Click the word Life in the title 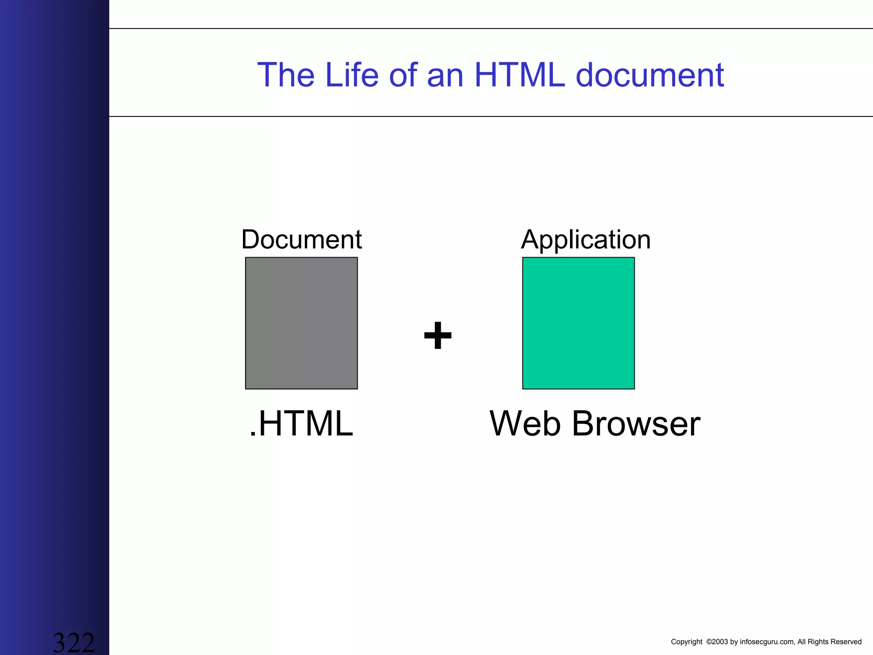[351, 75]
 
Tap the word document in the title [650, 75]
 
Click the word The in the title [286, 75]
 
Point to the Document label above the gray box [301, 239]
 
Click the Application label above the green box [586, 240]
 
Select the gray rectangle [301, 323]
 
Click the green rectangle [578, 323]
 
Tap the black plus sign [438, 335]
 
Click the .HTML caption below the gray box [301, 423]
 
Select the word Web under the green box [525, 423]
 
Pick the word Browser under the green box [636, 423]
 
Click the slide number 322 [73, 642]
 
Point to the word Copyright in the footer [686, 642]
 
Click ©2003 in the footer [717, 642]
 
